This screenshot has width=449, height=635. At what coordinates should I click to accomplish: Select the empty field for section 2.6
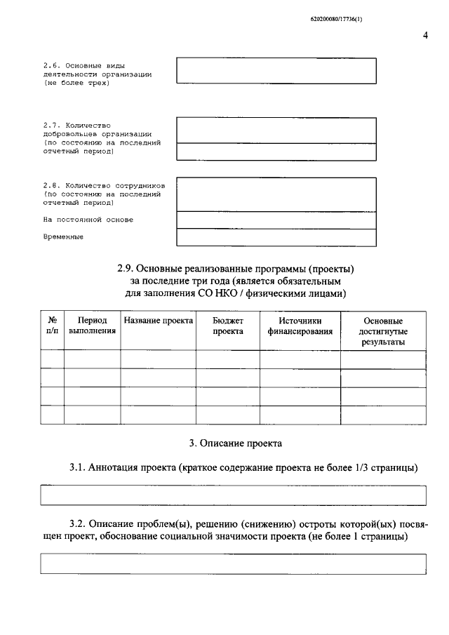click(x=276, y=70)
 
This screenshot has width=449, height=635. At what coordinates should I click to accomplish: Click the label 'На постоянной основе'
click(x=88, y=220)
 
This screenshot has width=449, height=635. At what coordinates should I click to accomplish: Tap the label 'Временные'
click(x=63, y=237)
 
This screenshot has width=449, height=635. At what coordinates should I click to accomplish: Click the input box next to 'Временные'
click(x=276, y=237)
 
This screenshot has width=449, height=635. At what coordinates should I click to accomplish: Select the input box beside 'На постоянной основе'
click(x=276, y=220)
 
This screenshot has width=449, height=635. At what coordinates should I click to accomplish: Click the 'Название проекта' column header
click(x=158, y=321)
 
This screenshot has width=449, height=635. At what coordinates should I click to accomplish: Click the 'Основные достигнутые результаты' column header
click(x=383, y=331)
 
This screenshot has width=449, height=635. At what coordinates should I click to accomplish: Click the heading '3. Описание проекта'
click(x=236, y=443)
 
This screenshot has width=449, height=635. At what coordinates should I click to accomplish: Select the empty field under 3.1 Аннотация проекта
click(x=234, y=495)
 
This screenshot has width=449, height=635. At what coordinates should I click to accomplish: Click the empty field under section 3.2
click(x=234, y=564)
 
